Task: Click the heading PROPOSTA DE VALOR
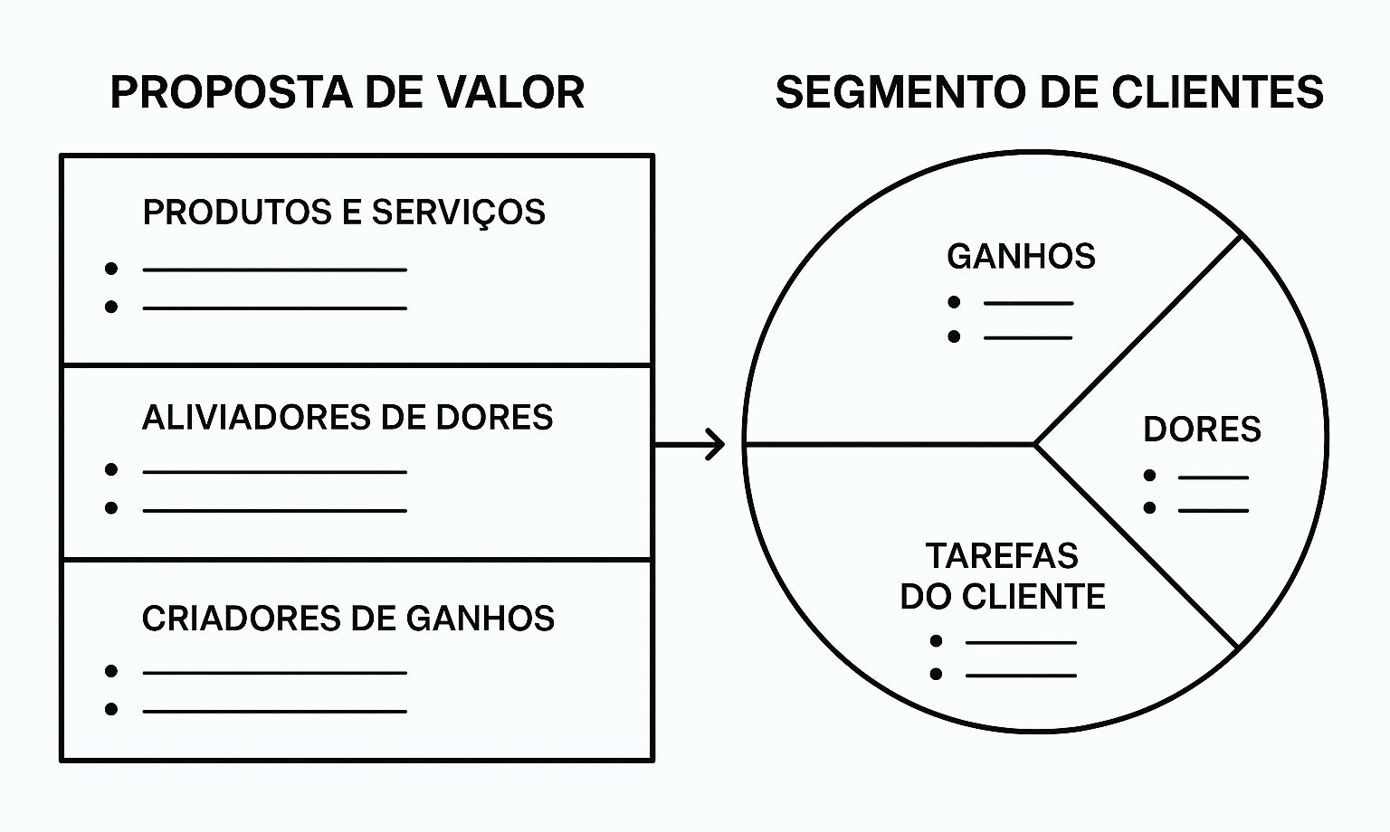coord(347,92)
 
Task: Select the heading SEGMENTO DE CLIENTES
coord(1049,92)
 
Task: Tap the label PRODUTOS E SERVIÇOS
coord(344,213)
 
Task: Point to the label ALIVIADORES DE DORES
coord(347,418)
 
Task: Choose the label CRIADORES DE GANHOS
coord(348,619)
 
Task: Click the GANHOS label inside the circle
coord(1021,257)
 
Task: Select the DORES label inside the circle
coord(1202,430)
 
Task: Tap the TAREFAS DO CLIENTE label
coord(1003,576)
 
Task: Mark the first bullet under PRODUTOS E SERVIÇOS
coord(111,269)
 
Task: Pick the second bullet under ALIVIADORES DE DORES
coord(111,508)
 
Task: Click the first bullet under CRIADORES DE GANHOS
coord(111,671)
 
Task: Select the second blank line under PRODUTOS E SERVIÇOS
coord(274,308)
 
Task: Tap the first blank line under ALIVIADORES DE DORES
coord(274,471)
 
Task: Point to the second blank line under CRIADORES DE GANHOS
coord(274,711)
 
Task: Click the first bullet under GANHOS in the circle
coord(954,302)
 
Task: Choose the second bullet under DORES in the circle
coord(1149,508)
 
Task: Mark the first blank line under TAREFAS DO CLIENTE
coord(1021,642)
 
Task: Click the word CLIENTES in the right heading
coord(1217,92)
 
